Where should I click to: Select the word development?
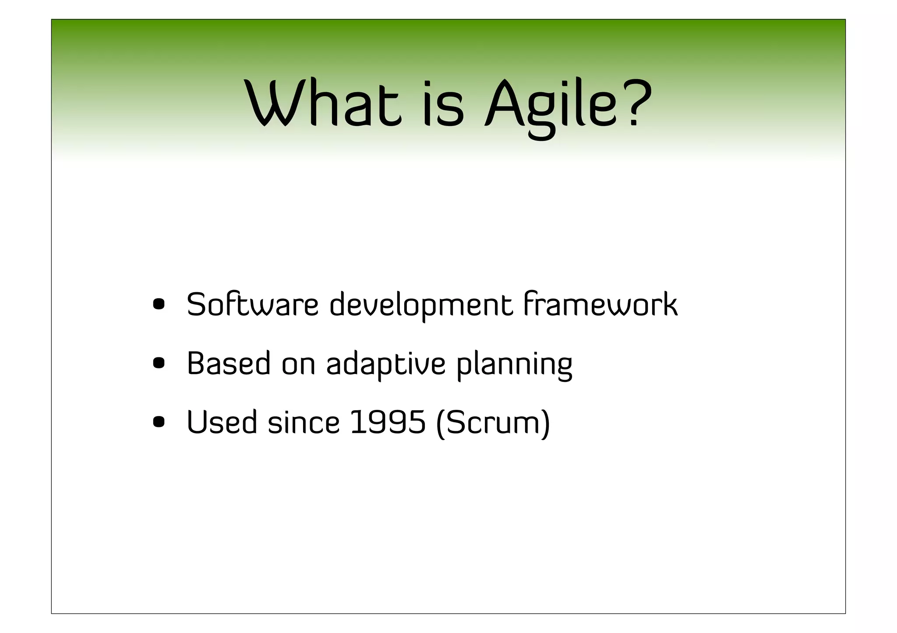[421, 305]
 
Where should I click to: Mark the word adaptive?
[386, 364]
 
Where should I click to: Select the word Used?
[222, 423]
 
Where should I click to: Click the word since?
[304, 423]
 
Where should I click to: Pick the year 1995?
[388, 423]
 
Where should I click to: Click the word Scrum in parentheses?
[493, 423]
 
